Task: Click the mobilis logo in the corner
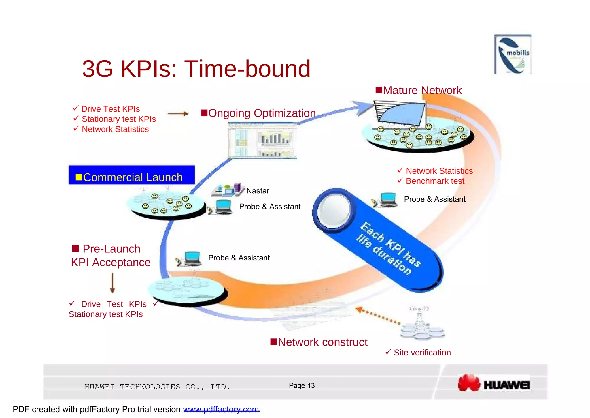(513, 55)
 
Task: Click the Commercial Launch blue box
(132, 175)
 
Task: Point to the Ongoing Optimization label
(258, 113)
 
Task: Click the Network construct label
(319, 342)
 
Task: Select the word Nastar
(258, 191)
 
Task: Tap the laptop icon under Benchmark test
(388, 199)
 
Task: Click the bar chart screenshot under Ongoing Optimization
(262, 140)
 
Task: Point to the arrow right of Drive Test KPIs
(178, 114)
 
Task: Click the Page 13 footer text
(302, 386)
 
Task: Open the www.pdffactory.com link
(221, 409)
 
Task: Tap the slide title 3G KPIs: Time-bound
(196, 69)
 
